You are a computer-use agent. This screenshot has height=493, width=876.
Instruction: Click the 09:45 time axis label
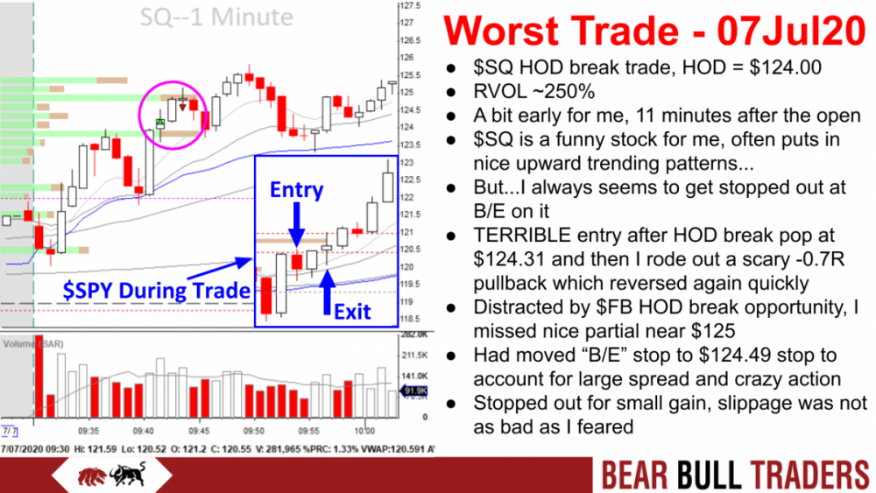click(201, 432)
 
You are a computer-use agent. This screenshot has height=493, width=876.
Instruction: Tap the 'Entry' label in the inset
click(296, 190)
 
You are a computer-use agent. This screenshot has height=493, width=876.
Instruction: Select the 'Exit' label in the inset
click(351, 310)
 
